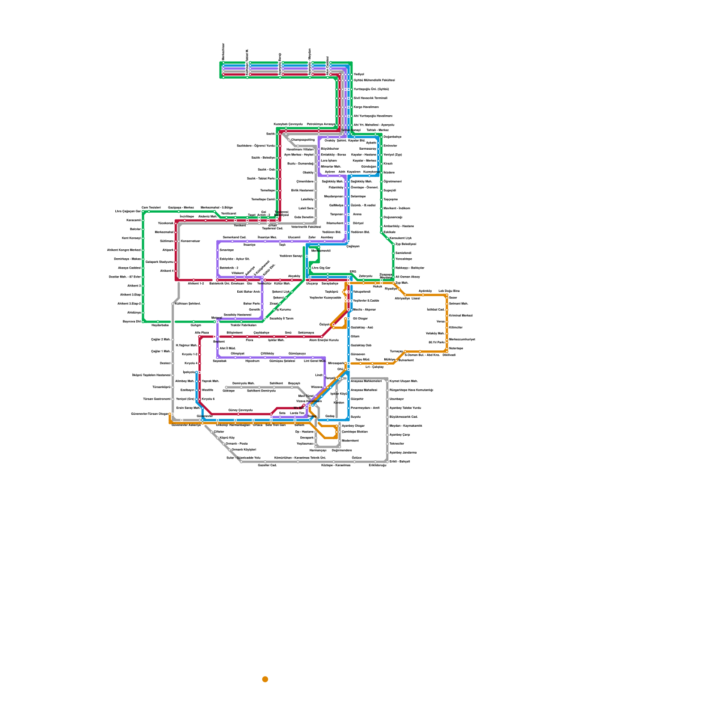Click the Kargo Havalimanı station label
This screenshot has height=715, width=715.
[x=366, y=107]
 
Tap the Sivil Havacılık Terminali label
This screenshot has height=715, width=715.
[x=370, y=98]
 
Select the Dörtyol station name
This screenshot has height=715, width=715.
[x=358, y=223]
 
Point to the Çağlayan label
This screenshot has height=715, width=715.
[x=353, y=246]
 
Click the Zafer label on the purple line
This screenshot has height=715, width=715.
[x=312, y=237]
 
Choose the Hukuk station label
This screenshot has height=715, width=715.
[x=378, y=286]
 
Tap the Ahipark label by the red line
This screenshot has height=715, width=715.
[x=168, y=250]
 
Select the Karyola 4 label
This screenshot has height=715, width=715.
[x=191, y=363]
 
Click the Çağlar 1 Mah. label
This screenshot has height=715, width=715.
[x=160, y=351]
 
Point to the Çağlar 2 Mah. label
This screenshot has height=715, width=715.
[x=160, y=340]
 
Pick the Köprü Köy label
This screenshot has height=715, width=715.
[x=227, y=437]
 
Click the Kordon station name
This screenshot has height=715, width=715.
[x=339, y=403]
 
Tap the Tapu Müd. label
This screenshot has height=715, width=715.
[x=362, y=359]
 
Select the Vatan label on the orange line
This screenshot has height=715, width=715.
[x=441, y=321]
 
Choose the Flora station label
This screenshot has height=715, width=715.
[x=249, y=341]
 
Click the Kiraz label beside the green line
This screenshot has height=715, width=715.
[x=387, y=164]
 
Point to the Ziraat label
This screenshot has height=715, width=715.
[x=273, y=303]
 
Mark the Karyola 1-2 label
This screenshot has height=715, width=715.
[x=189, y=354]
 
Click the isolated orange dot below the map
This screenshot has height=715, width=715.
[x=265, y=679]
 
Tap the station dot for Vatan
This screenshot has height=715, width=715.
[x=446, y=322]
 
